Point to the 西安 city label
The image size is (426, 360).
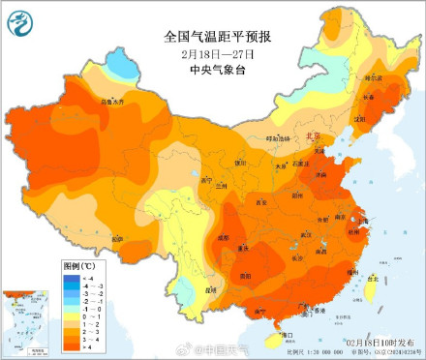coord(259,202)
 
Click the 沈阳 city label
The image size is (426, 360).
coord(360,119)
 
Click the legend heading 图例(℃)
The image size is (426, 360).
coord(78,264)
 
